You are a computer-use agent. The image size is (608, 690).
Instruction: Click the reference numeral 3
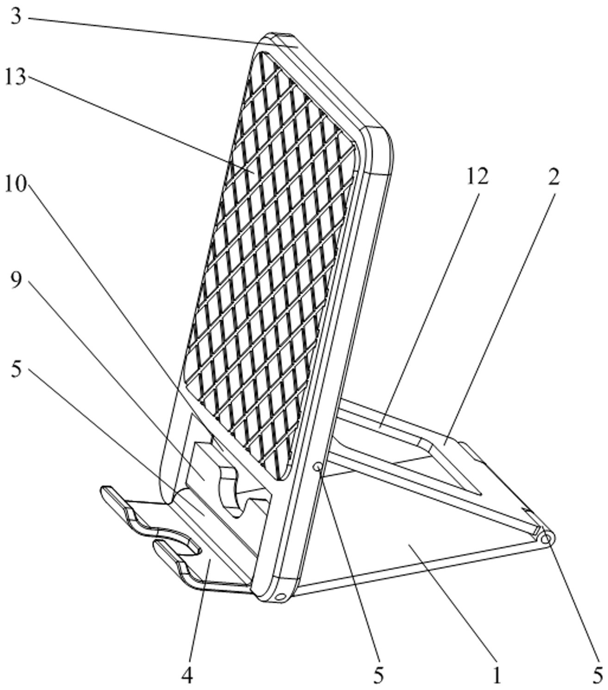point(16,16)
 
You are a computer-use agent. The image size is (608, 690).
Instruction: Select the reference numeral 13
point(15,78)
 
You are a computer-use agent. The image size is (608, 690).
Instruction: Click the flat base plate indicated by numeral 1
point(409,541)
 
